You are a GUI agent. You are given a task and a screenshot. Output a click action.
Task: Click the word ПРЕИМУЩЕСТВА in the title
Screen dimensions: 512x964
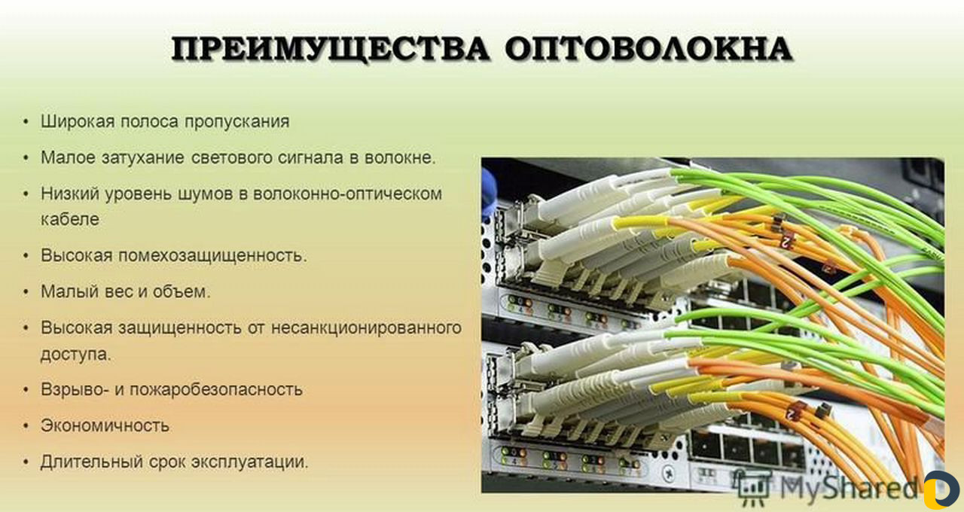(331, 50)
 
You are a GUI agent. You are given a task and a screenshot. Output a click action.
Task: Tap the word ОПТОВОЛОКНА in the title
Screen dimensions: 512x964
(648, 50)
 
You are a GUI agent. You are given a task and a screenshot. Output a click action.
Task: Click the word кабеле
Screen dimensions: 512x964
(69, 219)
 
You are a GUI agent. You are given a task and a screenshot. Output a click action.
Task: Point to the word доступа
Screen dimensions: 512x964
(75, 354)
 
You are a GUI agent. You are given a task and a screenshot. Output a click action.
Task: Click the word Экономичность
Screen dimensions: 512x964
(105, 425)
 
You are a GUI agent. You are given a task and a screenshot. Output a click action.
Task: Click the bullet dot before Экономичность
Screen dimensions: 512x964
(27, 425)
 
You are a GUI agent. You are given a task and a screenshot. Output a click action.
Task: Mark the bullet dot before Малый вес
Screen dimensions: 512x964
(27, 291)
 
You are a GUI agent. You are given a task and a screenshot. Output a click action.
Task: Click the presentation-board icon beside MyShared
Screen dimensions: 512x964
(754, 488)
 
